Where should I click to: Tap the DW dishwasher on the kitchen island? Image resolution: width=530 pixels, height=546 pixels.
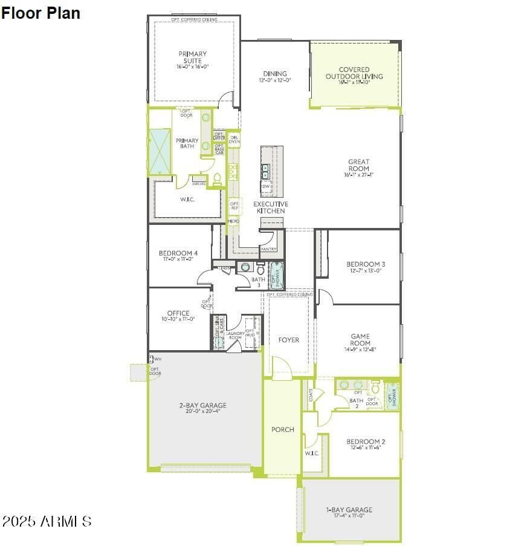pos(266,187)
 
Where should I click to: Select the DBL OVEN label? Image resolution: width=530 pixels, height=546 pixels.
pos(234,138)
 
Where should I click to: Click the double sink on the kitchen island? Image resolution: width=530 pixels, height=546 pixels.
pos(265,171)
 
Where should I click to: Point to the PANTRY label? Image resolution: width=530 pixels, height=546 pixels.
pos(268,249)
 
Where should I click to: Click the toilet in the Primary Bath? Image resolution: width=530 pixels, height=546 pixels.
pos(218,178)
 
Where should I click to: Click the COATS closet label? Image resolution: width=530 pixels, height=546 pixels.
pos(311,395)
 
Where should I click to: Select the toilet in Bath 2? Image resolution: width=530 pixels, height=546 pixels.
pos(375,387)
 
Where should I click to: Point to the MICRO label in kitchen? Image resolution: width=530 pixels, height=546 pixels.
pos(233,221)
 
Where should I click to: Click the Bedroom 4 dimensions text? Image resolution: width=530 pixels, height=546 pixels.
pos(178,259)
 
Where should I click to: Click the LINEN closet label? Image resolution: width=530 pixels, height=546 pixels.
pos(225,267)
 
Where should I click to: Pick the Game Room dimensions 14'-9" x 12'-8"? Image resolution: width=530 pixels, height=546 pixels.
pos(360,349)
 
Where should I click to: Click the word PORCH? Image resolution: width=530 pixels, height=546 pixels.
pos(282,430)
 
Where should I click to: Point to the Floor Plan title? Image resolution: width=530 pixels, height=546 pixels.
pos(40,13)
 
